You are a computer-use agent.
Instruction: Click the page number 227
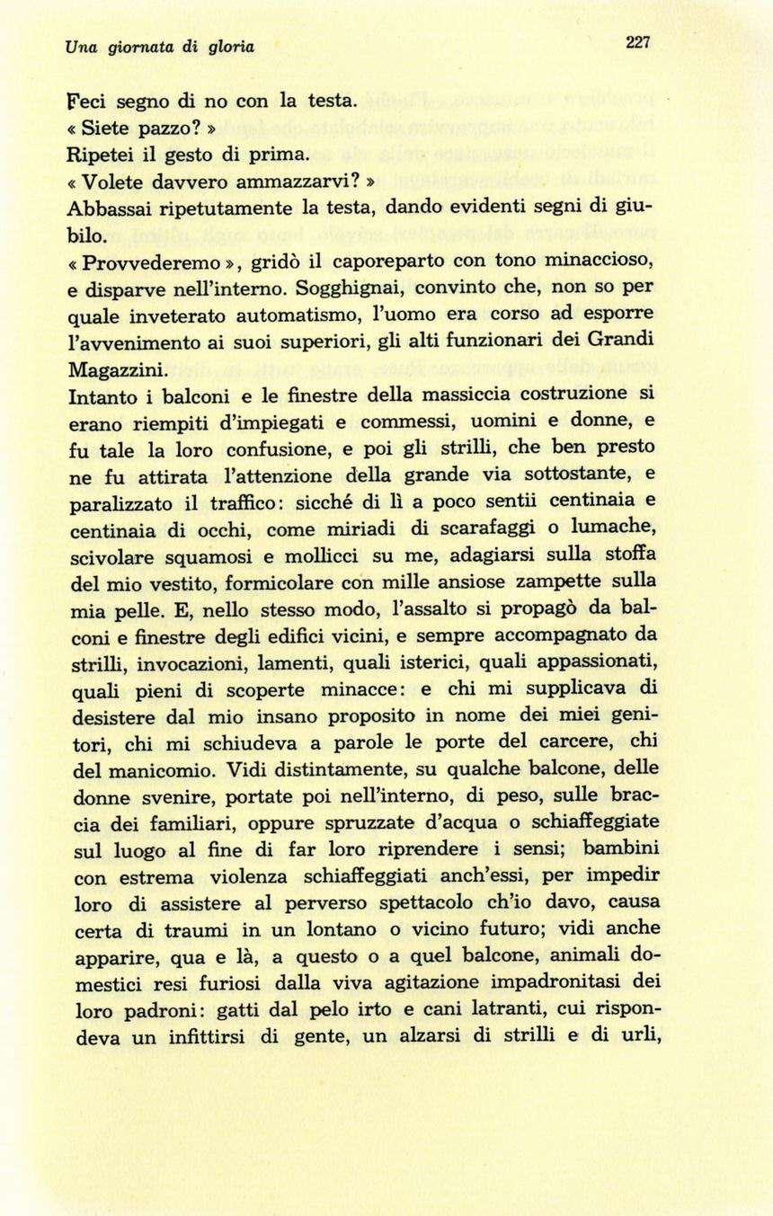pos(636,42)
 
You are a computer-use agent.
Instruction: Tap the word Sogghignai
pos(343,288)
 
